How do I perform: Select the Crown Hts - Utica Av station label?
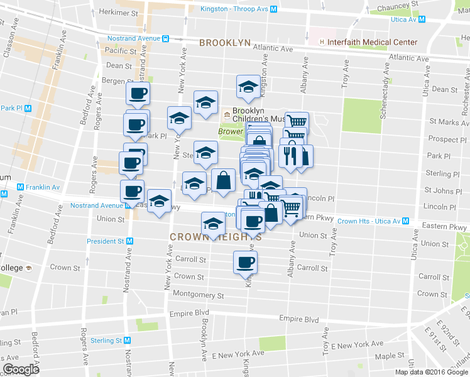(x=368, y=221)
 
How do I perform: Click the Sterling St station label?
(x=105, y=340)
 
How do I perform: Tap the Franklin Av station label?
(x=42, y=187)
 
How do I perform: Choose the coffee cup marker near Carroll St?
(x=245, y=262)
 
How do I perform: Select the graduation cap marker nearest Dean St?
(x=248, y=87)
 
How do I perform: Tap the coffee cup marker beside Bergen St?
(x=138, y=94)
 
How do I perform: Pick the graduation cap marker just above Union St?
(x=213, y=224)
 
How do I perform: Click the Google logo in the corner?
(x=21, y=369)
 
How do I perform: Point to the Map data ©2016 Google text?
(x=430, y=371)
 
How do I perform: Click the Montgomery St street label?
(x=198, y=295)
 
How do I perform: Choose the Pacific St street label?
(x=121, y=51)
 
